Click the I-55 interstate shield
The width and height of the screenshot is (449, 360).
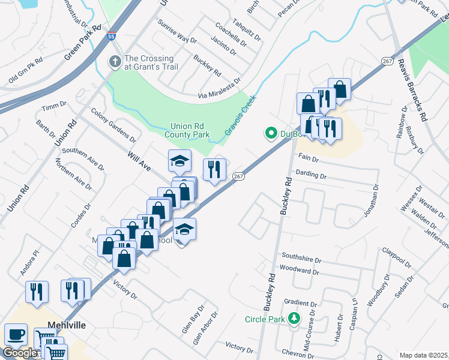112,37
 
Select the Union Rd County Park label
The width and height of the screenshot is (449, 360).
190,130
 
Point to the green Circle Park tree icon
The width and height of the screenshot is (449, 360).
294,318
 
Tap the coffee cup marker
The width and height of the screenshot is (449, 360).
16,334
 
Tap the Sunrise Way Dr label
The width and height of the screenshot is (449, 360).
176,31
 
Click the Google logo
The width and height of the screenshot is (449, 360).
19,353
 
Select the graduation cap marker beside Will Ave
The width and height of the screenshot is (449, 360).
179,161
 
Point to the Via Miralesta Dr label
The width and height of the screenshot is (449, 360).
219,88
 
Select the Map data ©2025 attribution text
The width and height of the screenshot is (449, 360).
424,355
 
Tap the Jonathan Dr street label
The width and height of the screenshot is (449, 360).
373,202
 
